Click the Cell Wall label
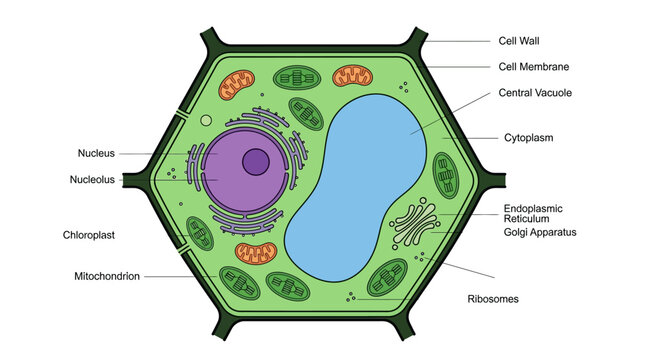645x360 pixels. click(519, 41)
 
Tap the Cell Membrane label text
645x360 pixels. click(534, 67)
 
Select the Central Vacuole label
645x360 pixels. click(535, 93)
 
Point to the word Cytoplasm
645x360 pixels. click(529, 138)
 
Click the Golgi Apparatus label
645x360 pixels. click(540, 232)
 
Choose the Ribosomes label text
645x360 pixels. click(493, 299)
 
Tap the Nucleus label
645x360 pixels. click(96, 153)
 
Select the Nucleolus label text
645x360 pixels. click(92, 180)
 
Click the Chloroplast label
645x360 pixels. click(88, 235)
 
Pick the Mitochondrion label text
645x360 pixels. click(107, 276)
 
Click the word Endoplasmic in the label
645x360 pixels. click(533, 209)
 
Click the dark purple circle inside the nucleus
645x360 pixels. click(256, 162)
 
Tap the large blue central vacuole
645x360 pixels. click(356, 187)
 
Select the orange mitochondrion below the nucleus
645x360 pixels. click(256, 253)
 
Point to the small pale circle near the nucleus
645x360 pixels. click(206, 121)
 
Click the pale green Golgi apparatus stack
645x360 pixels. click(415, 224)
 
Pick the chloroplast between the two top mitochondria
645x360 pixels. click(297, 77)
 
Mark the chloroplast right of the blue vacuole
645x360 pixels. click(446, 176)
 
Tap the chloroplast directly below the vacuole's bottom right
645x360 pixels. click(387, 277)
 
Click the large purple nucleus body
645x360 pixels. click(246, 171)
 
